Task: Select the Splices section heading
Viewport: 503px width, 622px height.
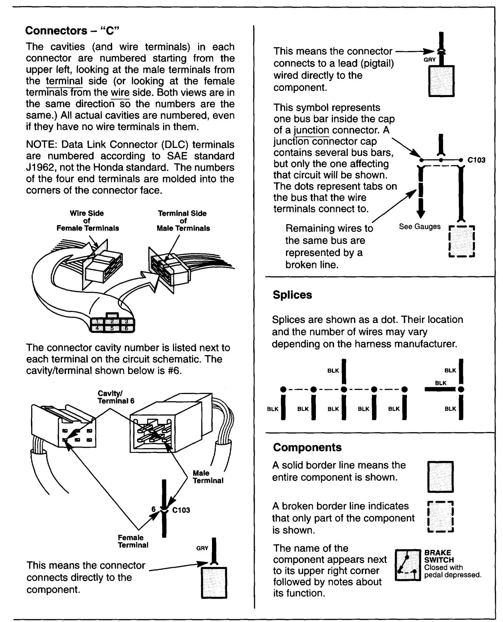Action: coord(292,295)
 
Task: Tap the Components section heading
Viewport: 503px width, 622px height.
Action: coord(307,447)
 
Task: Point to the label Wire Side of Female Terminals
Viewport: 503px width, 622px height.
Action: coord(87,221)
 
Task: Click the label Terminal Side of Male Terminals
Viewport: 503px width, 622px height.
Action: coord(183,221)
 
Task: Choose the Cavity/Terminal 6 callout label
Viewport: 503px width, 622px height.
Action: coord(116,397)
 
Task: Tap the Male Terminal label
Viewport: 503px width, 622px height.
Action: coord(208,477)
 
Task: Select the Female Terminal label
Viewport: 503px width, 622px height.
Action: coord(133,541)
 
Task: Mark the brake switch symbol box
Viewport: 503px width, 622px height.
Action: coord(408,565)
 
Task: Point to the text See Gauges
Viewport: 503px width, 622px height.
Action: coord(420,226)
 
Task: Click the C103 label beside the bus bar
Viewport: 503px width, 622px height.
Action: coord(476,160)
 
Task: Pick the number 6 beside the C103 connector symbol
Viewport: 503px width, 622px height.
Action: coord(153,509)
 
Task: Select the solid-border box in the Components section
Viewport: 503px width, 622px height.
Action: coord(440,476)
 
